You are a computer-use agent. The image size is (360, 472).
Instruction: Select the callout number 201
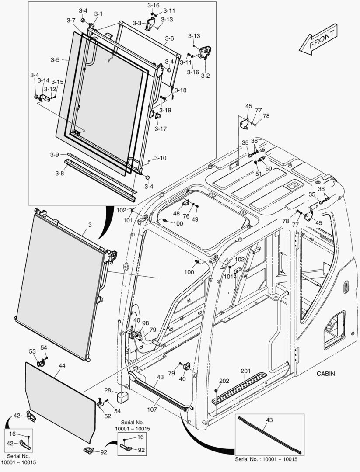pyautogui.click(x=246, y=371)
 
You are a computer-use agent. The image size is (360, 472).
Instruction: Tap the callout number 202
pyautogui.click(x=224, y=381)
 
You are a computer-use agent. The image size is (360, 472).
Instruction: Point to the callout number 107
pyautogui.click(x=152, y=410)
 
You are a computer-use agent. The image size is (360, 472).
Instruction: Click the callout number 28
pyautogui.click(x=107, y=390)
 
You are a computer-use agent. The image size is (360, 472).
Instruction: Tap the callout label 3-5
pyautogui.click(x=55, y=59)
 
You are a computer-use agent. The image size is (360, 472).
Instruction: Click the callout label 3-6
pyautogui.click(x=169, y=38)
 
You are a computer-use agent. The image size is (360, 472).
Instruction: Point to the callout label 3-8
pyautogui.click(x=59, y=173)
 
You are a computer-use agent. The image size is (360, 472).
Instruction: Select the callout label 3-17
pyautogui.click(x=160, y=129)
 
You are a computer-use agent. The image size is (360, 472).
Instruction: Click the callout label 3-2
pyautogui.click(x=205, y=76)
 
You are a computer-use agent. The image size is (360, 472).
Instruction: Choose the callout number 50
pyautogui.click(x=268, y=168)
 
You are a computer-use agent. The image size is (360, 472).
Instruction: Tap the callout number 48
pyautogui.click(x=176, y=213)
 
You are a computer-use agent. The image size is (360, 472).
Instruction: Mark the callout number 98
pyautogui.click(x=145, y=323)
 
